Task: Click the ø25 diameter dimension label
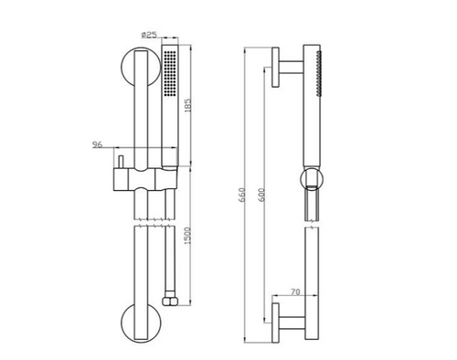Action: (x=149, y=35)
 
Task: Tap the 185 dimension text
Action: (x=188, y=105)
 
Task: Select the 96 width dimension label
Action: (x=98, y=144)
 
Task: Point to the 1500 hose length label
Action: (x=188, y=236)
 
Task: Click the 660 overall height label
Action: (x=242, y=195)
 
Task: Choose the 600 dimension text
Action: (x=261, y=195)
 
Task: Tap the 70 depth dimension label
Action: (x=295, y=291)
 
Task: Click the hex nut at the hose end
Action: (x=170, y=302)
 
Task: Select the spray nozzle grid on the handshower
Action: (x=170, y=73)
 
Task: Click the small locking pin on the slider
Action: (x=121, y=162)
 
